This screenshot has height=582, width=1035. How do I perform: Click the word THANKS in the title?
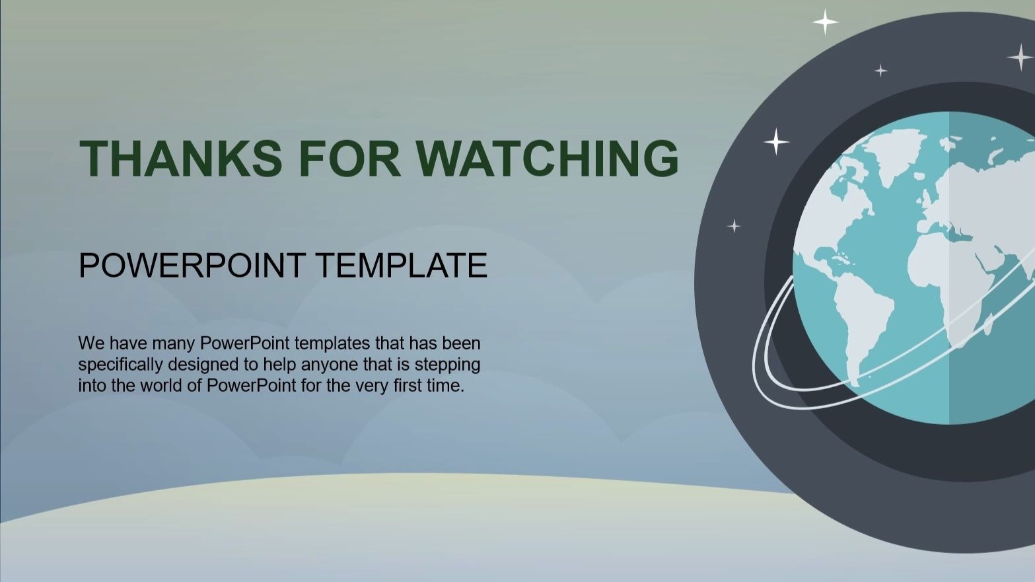[x=181, y=158]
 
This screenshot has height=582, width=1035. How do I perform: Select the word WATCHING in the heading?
[x=548, y=158]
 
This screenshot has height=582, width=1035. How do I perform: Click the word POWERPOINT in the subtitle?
[x=192, y=266]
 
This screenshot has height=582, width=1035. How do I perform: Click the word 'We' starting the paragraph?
[x=92, y=343]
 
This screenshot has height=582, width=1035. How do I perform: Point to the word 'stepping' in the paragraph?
[x=447, y=365]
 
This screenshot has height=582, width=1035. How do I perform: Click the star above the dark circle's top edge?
[x=825, y=21]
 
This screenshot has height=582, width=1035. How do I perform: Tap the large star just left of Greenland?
[x=776, y=141]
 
